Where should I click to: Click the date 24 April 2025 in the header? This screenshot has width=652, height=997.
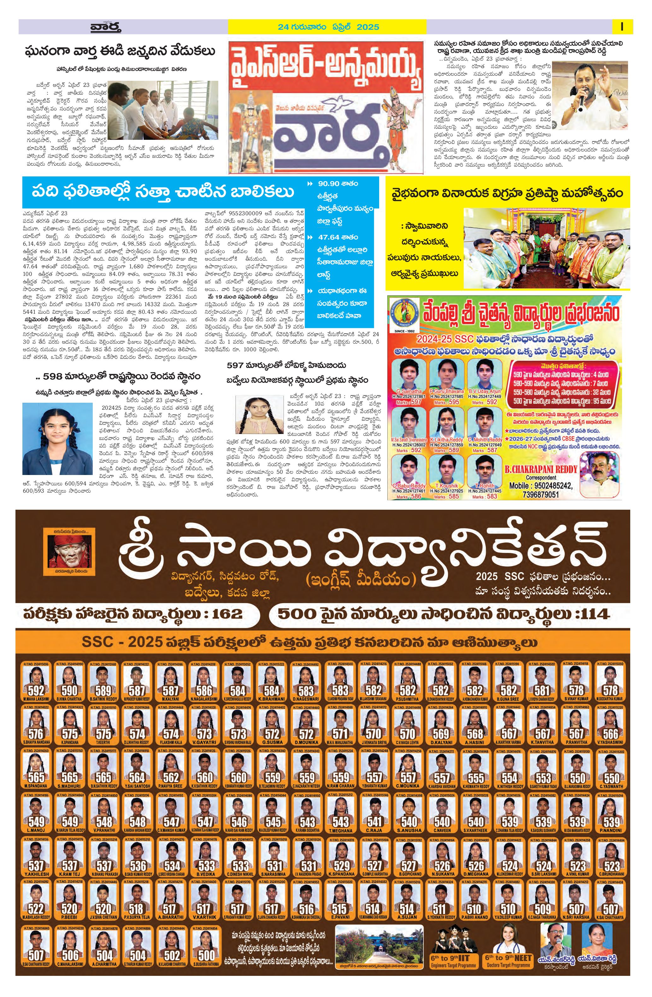pos(328,27)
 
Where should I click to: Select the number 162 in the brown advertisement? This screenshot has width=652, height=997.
pos(227,614)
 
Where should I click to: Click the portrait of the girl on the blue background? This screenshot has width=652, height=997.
pos(57,438)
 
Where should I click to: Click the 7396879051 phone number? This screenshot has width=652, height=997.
pos(541,494)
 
